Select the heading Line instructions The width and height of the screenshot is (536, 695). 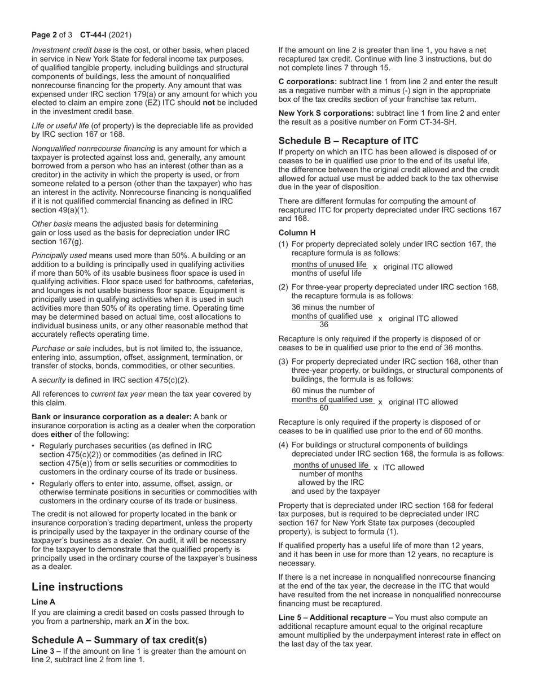pos(77,587)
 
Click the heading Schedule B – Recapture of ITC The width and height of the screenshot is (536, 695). pos(348,141)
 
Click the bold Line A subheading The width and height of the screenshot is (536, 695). pos(43,602)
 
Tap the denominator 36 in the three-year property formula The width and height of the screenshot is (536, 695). pos(324,325)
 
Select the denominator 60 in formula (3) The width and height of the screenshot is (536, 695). pos(324,408)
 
